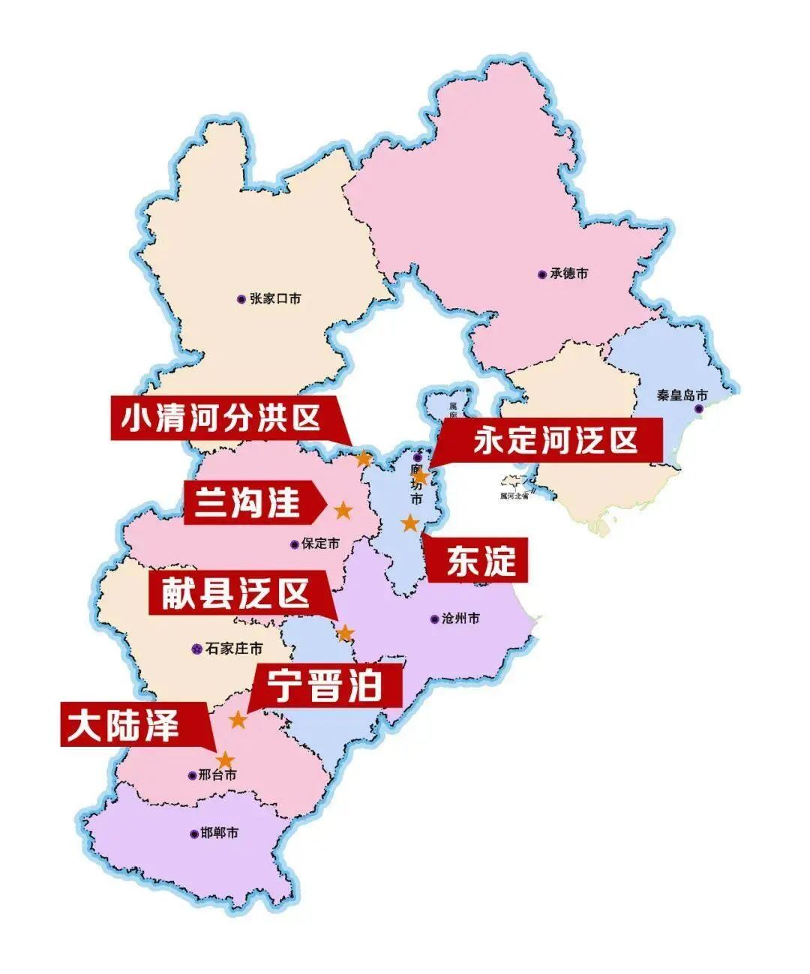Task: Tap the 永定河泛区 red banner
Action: point(555,440)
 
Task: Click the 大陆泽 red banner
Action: point(124,725)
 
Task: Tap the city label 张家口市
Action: point(275,298)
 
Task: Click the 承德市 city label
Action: point(568,274)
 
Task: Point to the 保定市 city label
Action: point(320,544)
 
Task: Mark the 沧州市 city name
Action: point(460,619)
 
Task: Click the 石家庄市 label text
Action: point(234,648)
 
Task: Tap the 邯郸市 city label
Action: point(220,833)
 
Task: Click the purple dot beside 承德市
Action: point(541,274)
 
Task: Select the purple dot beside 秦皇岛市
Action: point(699,409)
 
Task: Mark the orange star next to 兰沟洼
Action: point(343,511)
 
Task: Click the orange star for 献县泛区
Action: point(345,634)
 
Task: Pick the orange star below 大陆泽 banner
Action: point(225,760)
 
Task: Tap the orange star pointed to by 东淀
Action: point(410,523)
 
